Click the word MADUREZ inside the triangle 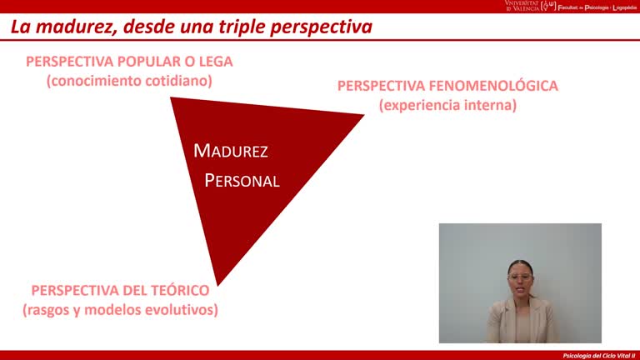click(231, 151)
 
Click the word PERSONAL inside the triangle click(242, 181)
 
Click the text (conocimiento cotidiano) click(129, 81)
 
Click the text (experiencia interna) click(447, 105)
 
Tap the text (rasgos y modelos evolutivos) click(120, 310)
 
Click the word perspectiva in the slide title click(321, 27)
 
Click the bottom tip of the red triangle click(217, 284)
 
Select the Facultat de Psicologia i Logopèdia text click(598, 7)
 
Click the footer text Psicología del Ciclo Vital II click(599, 355)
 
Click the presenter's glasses click(520, 277)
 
